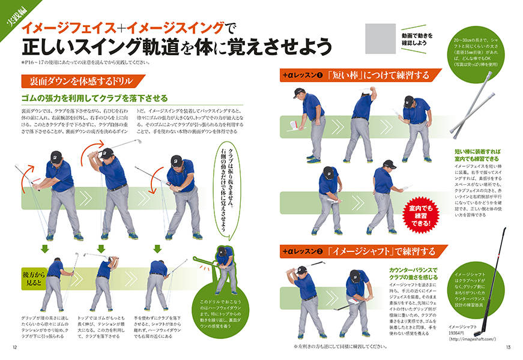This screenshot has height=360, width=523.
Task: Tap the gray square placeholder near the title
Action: pyautogui.click(x=381, y=38)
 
